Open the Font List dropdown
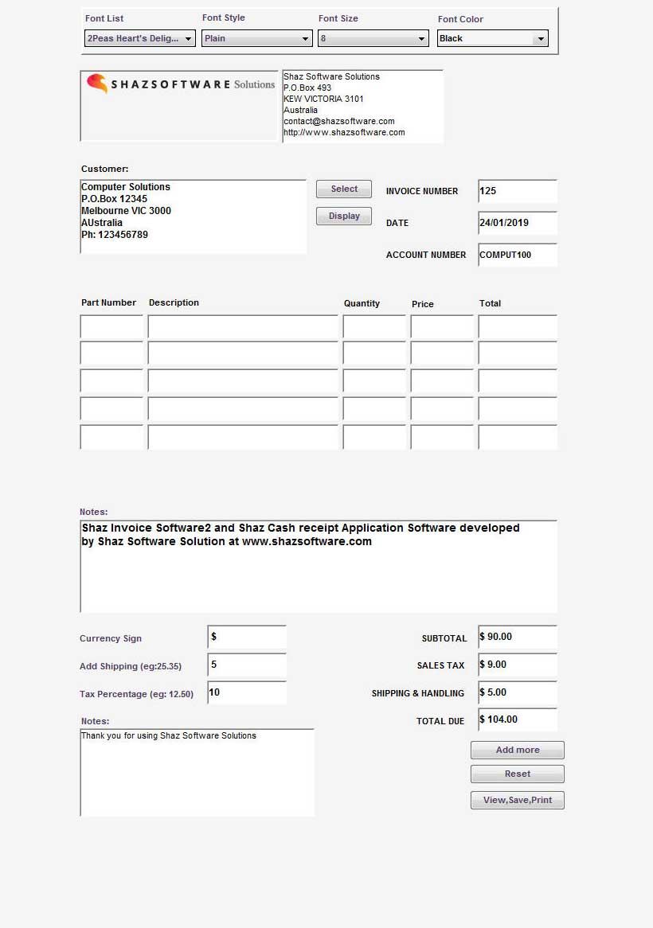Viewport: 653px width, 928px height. pyautogui.click(x=139, y=38)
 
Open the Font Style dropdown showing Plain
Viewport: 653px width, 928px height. pyautogui.click(x=256, y=38)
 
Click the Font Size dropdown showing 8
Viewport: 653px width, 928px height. pyautogui.click(x=373, y=38)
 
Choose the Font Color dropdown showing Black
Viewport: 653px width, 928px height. pyautogui.click(x=492, y=38)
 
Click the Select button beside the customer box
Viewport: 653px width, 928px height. pyautogui.click(x=344, y=189)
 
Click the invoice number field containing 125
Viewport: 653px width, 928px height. pyautogui.click(x=517, y=191)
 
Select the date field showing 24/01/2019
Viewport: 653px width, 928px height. pyautogui.click(x=517, y=223)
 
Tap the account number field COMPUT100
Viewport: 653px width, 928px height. pyautogui.click(x=517, y=255)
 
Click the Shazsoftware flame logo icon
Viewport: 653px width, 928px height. pyautogui.click(x=97, y=84)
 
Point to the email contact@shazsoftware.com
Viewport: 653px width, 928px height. pyautogui.click(x=338, y=121)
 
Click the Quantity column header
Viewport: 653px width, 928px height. pyautogui.click(x=362, y=303)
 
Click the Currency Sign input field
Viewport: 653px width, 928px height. pyautogui.click(x=247, y=638)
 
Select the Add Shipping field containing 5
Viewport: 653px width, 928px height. pyautogui.click(x=247, y=665)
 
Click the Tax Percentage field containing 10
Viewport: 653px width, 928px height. pyautogui.click(x=247, y=692)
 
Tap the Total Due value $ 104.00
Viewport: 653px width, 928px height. pyautogui.click(x=517, y=719)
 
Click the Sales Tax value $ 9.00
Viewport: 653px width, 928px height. pyautogui.click(x=517, y=665)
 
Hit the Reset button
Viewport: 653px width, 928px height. pyautogui.click(x=517, y=774)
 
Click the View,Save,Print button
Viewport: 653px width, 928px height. pyautogui.click(x=517, y=800)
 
